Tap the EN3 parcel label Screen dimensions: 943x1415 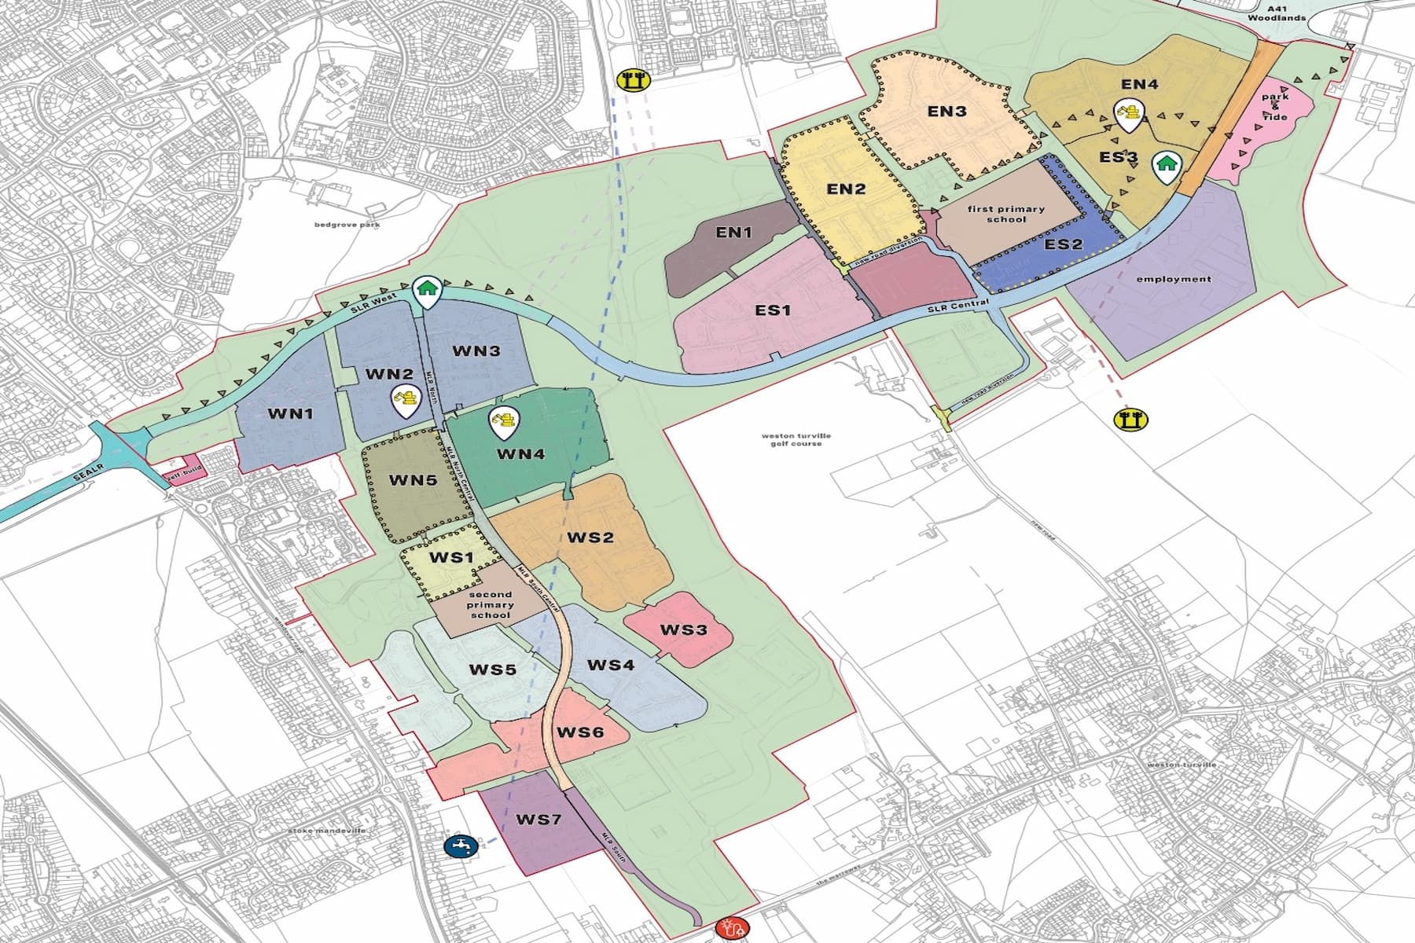(x=946, y=111)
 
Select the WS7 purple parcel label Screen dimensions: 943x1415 (x=538, y=820)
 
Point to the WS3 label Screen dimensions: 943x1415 (x=683, y=629)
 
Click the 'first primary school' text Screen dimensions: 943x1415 (x=1005, y=214)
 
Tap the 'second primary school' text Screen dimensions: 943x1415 (x=490, y=604)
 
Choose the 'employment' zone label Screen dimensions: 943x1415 (x=1174, y=279)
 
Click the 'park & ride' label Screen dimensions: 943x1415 (x=1275, y=107)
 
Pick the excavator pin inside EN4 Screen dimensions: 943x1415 (x=1129, y=115)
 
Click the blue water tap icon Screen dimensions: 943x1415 (x=458, y=846)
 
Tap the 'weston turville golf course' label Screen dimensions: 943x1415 (x=796, y=439)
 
